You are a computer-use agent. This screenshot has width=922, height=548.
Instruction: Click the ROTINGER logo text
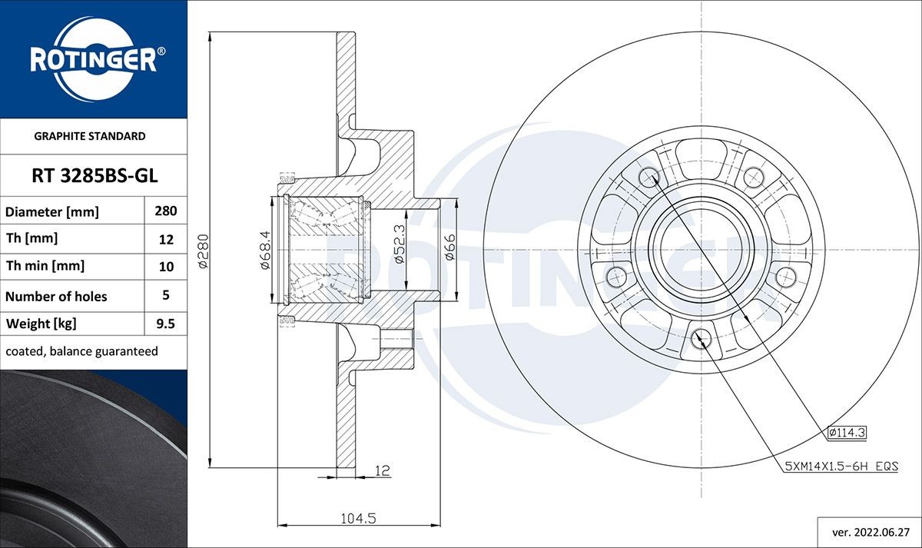tap(93, 60)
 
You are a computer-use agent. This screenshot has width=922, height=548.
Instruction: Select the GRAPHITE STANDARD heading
tap(90, 136)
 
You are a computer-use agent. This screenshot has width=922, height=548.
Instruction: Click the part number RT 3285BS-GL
tap(94, 176)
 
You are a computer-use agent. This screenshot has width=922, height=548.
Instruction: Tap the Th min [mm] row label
tap(45, 267)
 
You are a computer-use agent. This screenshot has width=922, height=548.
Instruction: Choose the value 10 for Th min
tap(166, 267)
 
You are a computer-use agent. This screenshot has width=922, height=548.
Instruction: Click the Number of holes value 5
tap(166, 295)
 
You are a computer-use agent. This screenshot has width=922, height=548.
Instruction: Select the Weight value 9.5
tap(166, 324)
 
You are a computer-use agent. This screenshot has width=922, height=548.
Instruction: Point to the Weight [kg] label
tap(41, 324)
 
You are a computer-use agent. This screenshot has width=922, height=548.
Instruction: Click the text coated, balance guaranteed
tap(81, 351)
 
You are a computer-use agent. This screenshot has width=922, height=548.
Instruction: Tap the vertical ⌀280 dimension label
tap(204, 251)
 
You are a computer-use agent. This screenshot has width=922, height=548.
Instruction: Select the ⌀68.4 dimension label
tap(264, 251)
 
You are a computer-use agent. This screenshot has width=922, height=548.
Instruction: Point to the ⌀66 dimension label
tap(449, 247)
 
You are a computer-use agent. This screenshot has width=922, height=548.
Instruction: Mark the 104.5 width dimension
tap(357, 519)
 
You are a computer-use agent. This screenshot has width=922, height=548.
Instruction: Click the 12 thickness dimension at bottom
tap(382, 470)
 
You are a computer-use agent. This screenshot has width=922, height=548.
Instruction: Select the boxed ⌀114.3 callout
tap(847, 433)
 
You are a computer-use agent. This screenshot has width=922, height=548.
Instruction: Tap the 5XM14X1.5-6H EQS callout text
tap(841, 466)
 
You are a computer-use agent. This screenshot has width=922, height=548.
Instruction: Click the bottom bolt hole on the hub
tap(700, 338)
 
